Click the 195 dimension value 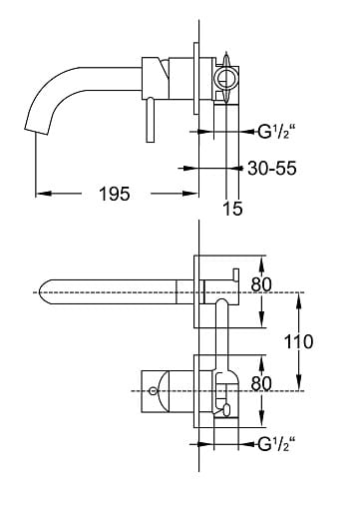pos(115,194)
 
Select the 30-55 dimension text pos(272,168)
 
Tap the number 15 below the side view pos(232,209)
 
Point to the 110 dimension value pos(298,341)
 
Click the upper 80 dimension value pos(261,284)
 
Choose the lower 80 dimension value pos(261,383)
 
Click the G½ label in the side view pos(276,132)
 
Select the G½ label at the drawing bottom pos(276,444)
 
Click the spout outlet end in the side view pos(35,131)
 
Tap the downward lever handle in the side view pos(151,120)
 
